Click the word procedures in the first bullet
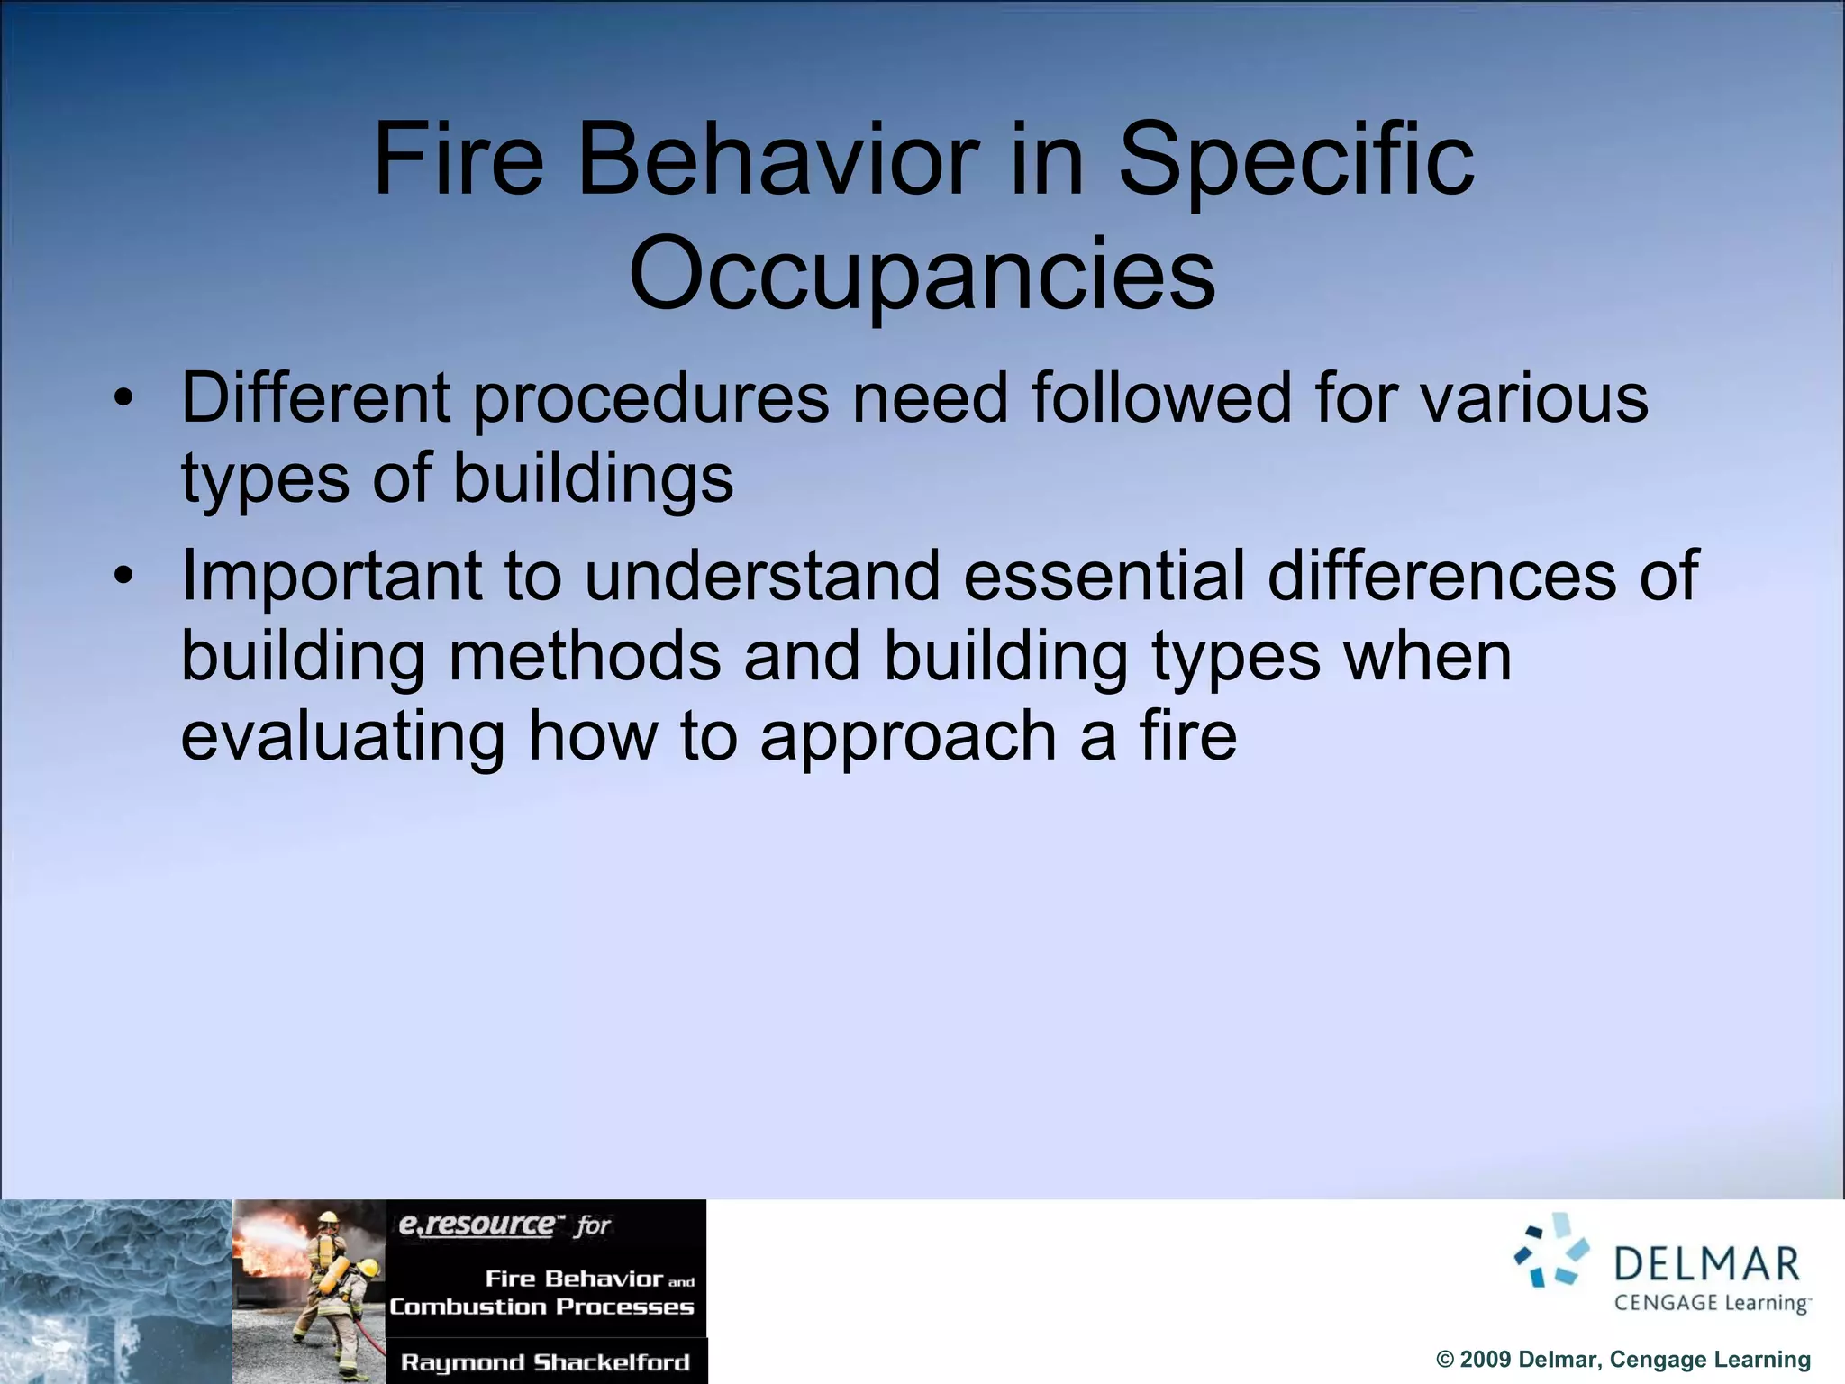pos(650,399)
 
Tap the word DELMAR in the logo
pos(1706,1265)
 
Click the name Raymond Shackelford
pos(545,1362)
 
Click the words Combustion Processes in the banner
pos(541,1307)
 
